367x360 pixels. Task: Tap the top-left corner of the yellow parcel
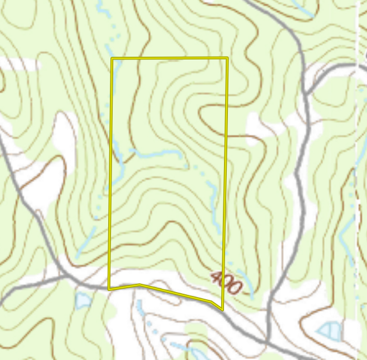(x=112, y=58)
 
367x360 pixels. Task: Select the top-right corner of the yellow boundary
(x=227, y=58)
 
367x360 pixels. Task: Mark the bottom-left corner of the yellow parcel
(x=109, y=289)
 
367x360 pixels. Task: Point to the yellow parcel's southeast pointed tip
(x=222, y=309)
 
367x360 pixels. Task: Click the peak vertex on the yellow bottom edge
(x=139, y=284)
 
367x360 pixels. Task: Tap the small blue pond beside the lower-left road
(x=83, y=300)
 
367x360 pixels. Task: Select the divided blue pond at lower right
(x=330, y=331)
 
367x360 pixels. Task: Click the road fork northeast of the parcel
(x=306, y=92)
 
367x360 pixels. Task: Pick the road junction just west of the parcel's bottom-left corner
(x=70, y=276)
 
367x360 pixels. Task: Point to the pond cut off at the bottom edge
(x=196, y=353)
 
